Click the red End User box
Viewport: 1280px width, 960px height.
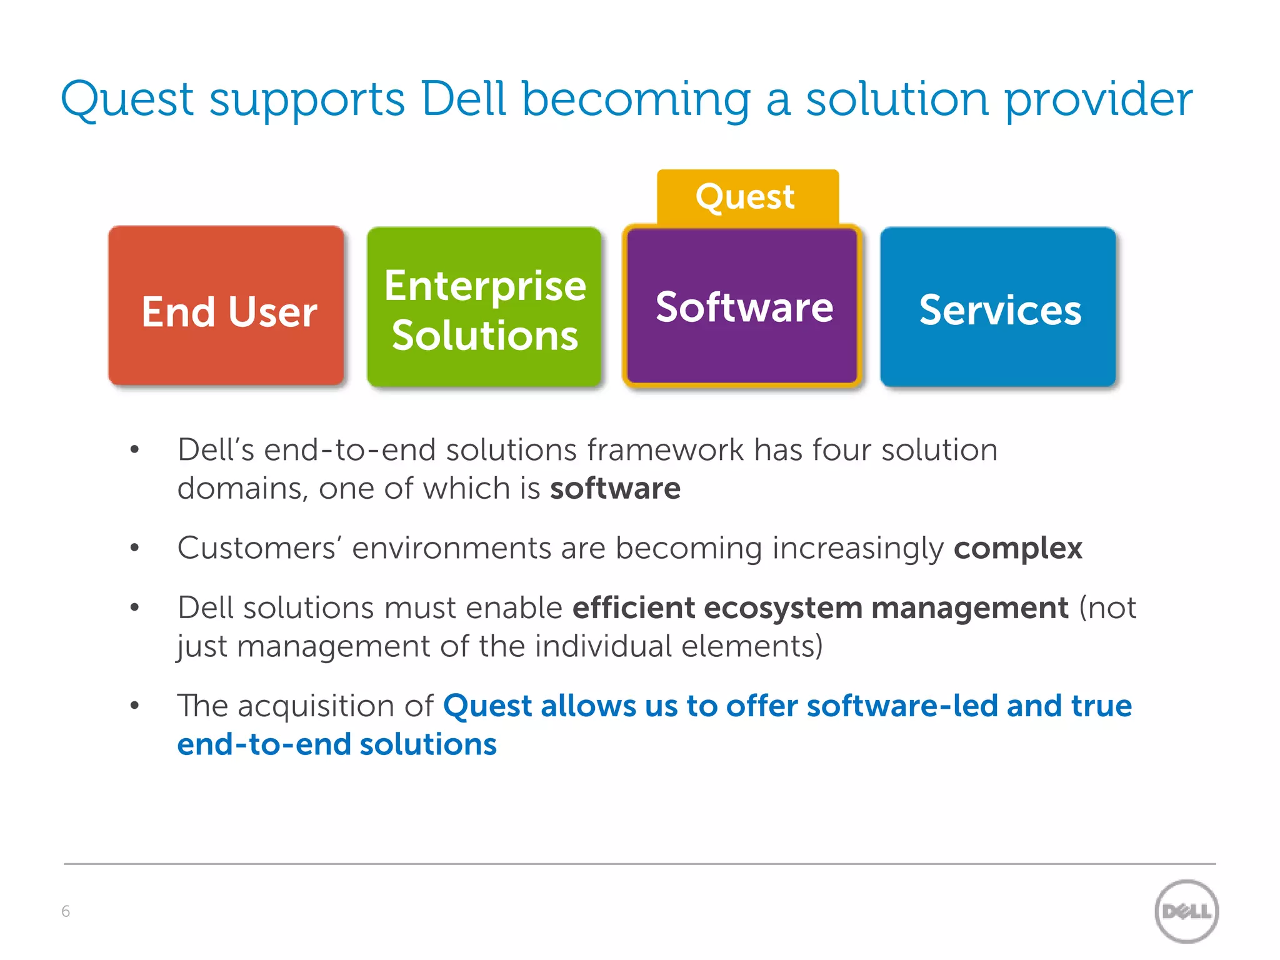[x=226, y=306]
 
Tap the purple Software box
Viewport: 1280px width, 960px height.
[x=742, y=306]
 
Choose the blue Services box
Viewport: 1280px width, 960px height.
[x=998, y=307]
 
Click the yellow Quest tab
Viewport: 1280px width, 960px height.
[x=747, y=196]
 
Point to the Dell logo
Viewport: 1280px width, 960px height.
[x=1186, y=911]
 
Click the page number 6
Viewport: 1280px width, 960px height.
[x=66, y=911]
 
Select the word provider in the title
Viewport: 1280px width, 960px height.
[x=1098, y=100]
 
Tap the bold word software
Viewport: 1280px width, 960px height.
[x=615, y=488]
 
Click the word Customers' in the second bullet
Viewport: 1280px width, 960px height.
[x=259, y=548]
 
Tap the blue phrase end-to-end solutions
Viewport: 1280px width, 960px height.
[x=337, y=744]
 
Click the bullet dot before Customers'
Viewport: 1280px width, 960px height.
[x=134, y=548]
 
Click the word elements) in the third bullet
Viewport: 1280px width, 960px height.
[x=752, y=646]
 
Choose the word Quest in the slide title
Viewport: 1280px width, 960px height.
[x=127, y=100]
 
